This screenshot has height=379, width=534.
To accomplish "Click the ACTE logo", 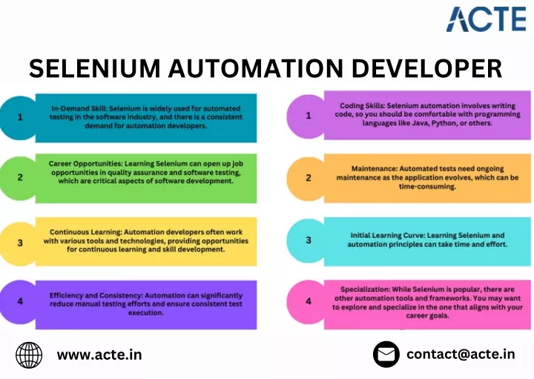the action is coord(487,19).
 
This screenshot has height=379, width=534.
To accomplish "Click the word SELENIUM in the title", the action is coord(95,68).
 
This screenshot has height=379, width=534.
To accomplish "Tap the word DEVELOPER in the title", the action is coord(426,68).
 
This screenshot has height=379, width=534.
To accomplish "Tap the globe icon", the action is coord(29,355).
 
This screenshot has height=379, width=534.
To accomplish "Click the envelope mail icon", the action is coord(386,354).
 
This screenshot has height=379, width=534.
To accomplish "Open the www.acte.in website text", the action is coord(99,355).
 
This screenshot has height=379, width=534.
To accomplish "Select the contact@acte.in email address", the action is coord(461,354).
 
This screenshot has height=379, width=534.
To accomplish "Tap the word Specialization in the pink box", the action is coord(365,289).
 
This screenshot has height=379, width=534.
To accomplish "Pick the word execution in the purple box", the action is coord(146,312).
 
